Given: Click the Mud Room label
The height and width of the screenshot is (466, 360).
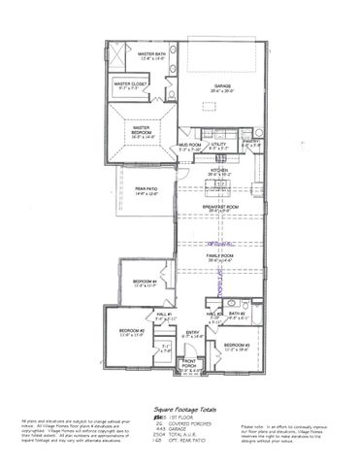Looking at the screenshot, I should click(x=189, y=149).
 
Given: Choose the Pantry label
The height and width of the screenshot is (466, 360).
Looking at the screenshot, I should click(x=251, y=143).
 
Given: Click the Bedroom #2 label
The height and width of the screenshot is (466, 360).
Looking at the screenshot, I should click(x=133, y=332).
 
